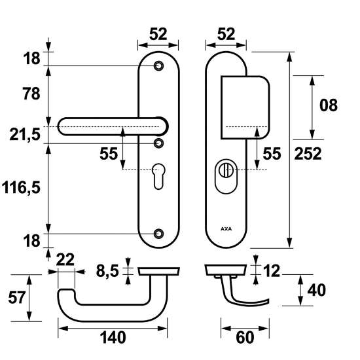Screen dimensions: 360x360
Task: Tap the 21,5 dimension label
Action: pyautogui.click(x=26, y=135)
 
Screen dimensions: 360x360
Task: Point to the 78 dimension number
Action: pyautogui.click(x=29, y=93)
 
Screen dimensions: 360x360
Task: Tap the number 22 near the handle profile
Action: pyautogui.click(x=65, y=259)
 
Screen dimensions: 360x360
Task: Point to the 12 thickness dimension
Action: pyautogui.click(x=272, y=269)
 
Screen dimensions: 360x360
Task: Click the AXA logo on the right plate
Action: pyautogui.click(x=226, y=230)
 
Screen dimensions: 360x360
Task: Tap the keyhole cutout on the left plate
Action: pyautogui.click(x=159, y=176)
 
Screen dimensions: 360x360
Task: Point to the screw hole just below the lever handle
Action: pyautogui.click(x=158, y=143)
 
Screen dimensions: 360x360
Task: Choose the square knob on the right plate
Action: pyautogui.click(x=246, y=107)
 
